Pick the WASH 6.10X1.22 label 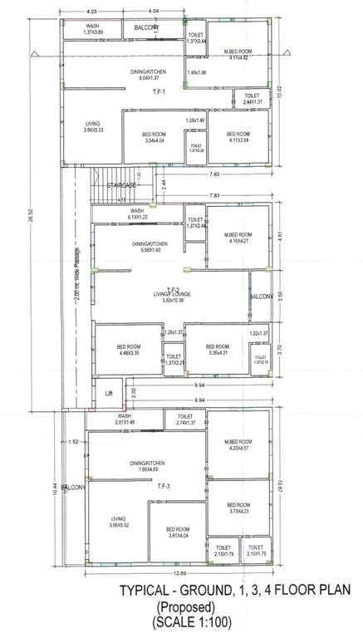[x=136, y=214]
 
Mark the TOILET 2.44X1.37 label [x=253, y=99]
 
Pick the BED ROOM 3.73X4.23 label [x=238, y=508]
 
